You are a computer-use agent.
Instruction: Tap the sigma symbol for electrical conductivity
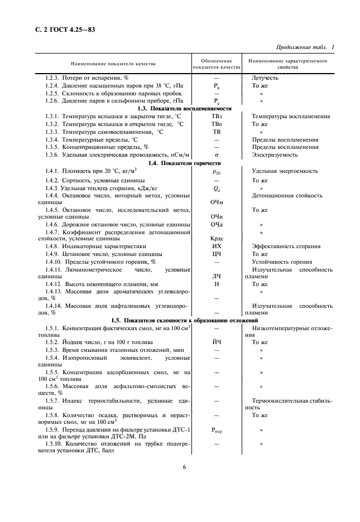coord(216,154)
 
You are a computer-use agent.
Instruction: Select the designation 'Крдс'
coord(216,238)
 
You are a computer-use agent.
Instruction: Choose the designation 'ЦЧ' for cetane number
coord(216,254)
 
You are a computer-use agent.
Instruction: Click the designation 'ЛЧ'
coord(216,276)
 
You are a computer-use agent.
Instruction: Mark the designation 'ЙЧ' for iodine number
coord(216,342)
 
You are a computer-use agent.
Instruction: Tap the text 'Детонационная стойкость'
coord(287,195)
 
